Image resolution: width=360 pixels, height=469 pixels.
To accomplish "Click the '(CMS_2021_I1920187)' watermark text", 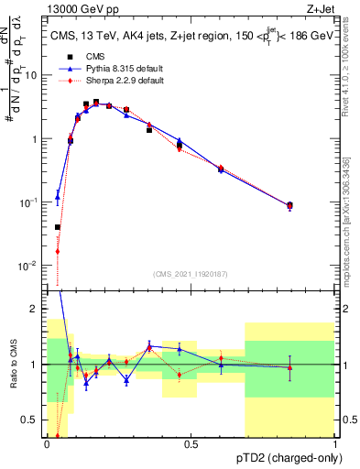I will coord(191,274).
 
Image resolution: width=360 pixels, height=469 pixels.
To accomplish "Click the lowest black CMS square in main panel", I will coord(58,227).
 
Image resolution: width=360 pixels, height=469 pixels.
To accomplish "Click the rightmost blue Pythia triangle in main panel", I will coord(290,205).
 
